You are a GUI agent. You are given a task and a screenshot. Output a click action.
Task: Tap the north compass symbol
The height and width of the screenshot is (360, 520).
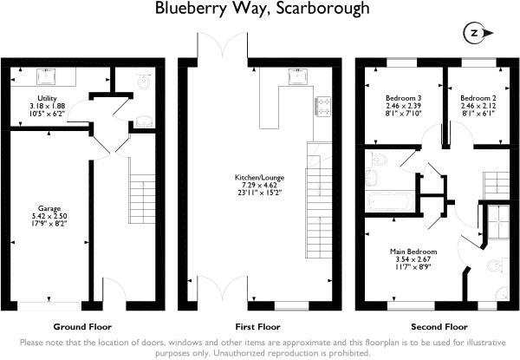pyautogui.click(x=474, y=34)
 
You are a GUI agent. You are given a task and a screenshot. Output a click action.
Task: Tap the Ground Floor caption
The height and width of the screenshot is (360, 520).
pyautogui.click(x=82, y=329)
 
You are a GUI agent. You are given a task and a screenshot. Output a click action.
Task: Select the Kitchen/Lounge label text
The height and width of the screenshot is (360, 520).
pyautogui.click(x=264, y=178)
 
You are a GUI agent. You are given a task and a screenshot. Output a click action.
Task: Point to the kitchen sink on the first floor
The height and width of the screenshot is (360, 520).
pyautogui.click(x=297, y=76)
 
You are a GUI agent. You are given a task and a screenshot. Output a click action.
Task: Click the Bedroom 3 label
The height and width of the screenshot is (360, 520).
pyautogui.click(x=404, y=98)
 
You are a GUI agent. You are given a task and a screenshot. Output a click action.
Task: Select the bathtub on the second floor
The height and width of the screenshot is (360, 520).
pyautogui.click(x=391, y=202)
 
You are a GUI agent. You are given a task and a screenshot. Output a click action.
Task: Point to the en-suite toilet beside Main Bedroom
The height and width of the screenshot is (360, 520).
pyautogui.click(x=494, y=265)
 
